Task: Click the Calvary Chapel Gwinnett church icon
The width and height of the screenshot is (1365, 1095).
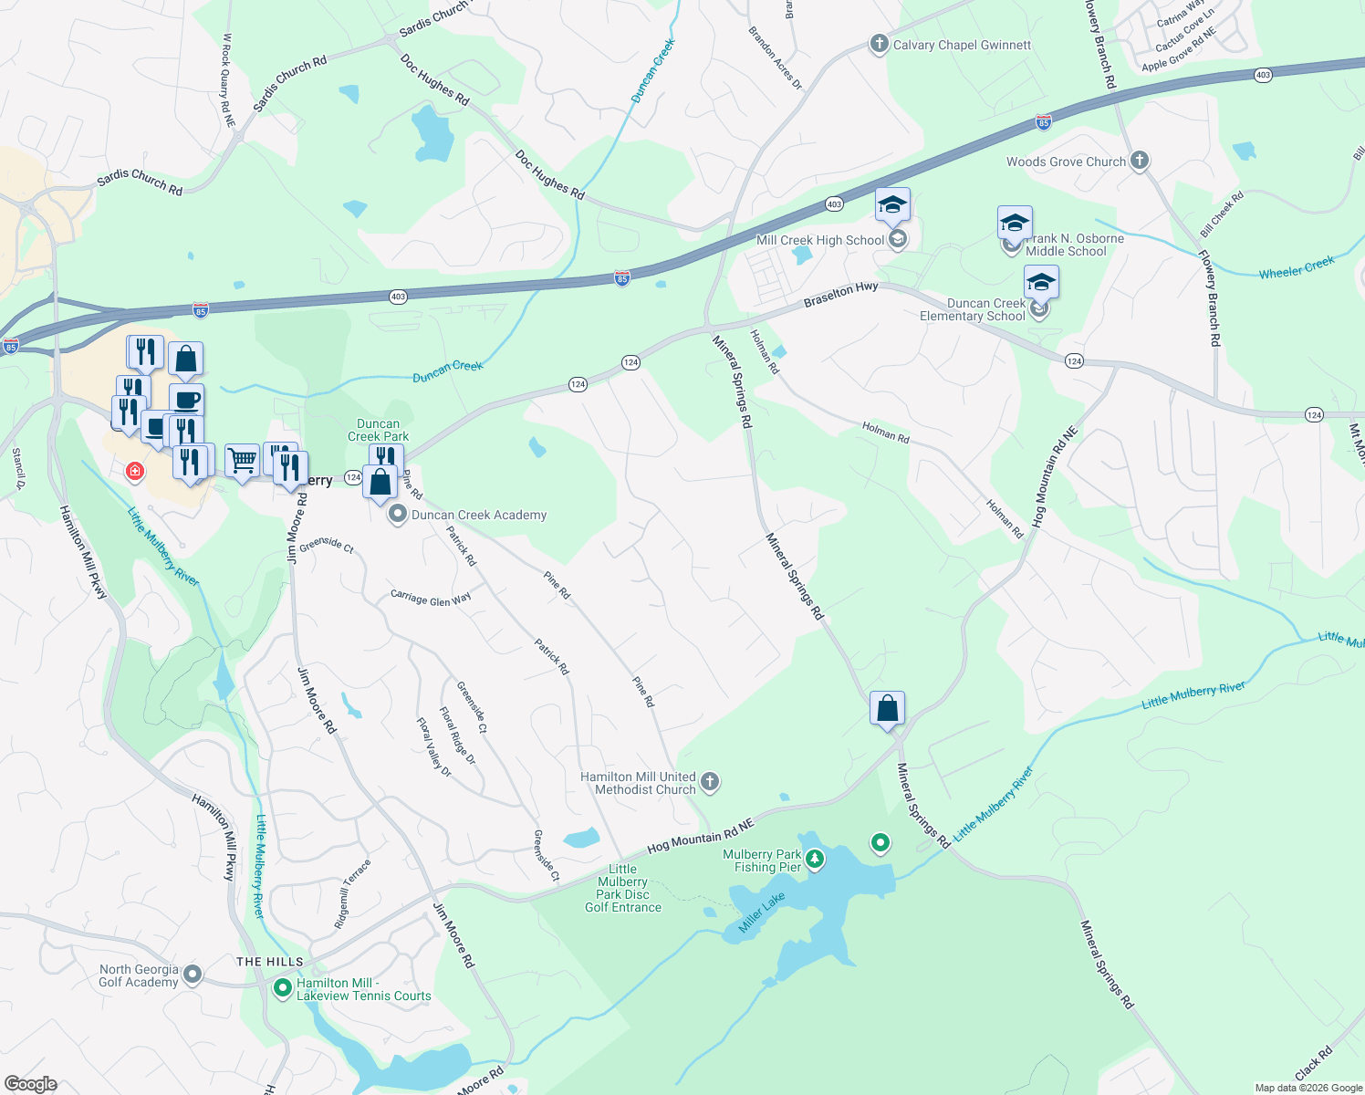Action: pyautogui.click(x=879, y=45)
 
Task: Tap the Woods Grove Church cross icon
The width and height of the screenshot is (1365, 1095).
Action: pyautogui.click(x=1139, y=162)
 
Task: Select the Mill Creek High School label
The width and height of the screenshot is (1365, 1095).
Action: pyautogui.click(x=820, y=240)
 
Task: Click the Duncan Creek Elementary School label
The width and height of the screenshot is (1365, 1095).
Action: pyautogui.click(x=973, y=310)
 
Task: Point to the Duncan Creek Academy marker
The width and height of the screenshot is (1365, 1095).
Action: pyautogui.click(x=398, y=515)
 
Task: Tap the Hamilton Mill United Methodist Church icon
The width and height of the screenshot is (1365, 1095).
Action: pyautogui.click(x=710, y=782)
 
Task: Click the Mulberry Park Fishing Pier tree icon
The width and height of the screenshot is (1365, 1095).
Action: pyautogui.click(x=815, y=860)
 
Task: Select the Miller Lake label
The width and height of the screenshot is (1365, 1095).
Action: pyautogui.click(x=762, y=913)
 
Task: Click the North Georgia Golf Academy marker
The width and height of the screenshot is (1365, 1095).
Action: pyautogui.click(x=192, y=975)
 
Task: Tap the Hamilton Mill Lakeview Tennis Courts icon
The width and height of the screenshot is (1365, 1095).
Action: pyautogui.click(x=283, y=988)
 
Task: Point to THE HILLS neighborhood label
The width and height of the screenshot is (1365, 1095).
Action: pyautogui.click(x=270, y=962)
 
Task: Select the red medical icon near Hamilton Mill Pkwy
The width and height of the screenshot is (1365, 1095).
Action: pyautogui.click(x=135, y=471)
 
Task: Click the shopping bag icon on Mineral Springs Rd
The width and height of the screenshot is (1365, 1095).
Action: pyautogui.click(x=887, y=709)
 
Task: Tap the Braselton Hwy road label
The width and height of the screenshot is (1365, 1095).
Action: pyautogui.click(x=840, y=294)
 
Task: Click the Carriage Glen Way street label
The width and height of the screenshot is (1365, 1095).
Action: pyautogui.click(x=431, y=598)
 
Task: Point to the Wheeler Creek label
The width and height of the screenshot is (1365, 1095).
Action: pyautogui.click(x=1296, y=267)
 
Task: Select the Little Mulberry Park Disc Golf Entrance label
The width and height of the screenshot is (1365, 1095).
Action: pyautogui.click(x=623, y=888)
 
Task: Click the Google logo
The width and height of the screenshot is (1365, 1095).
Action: pyautogui.click(x=30, y=1083)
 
